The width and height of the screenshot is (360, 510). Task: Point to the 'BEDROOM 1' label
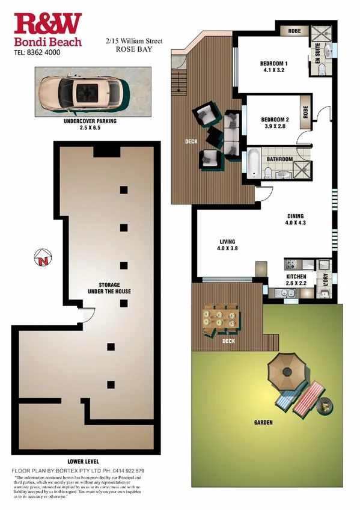pos(274,64)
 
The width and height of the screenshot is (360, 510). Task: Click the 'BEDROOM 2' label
pos(276,120)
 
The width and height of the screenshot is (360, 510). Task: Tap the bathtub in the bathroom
pos(254,162)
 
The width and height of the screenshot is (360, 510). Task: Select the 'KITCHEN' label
pos(296,278)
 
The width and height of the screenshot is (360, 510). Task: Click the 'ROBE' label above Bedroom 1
pos(294,30)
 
